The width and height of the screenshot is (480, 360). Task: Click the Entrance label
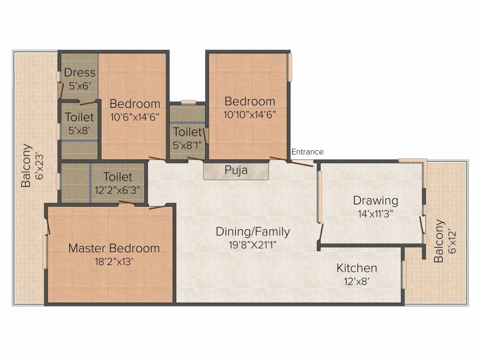point(307,152)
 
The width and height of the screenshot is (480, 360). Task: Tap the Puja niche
point(236,171)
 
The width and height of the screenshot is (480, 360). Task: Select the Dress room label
point(80,73)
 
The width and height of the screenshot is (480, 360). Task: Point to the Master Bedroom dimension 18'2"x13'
point(114,262)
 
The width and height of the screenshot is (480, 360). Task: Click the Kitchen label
point(357,268)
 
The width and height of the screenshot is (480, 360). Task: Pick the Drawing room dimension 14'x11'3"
point(375,214)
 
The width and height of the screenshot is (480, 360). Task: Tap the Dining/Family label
point(253,232)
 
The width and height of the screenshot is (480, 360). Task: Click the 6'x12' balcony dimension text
point(451,241)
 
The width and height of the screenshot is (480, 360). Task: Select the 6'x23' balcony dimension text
point(39,166)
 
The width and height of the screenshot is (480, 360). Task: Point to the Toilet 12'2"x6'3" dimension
point(118,190)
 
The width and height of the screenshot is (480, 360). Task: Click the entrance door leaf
point(302,164)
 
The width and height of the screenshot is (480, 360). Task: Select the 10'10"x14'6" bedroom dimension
point(250,115)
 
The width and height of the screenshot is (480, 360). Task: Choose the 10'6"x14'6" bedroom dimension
point(135,117)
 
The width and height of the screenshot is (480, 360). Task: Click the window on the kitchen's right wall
point(404,275)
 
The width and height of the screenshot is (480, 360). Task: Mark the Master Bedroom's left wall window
point(45,252)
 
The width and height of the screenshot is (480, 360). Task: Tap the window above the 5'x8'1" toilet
point(188,102)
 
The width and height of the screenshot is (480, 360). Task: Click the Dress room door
point(62,90)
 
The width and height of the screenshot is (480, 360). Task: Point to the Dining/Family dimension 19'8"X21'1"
point(253,245)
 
